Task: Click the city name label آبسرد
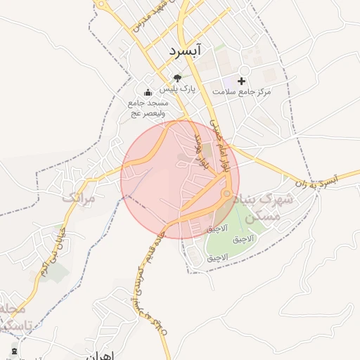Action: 186,51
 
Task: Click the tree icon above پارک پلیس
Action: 176,77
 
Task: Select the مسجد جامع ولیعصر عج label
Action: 148,108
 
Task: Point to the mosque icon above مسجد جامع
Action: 148,92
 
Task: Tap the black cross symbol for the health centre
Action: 242,81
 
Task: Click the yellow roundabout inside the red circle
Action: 226,193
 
